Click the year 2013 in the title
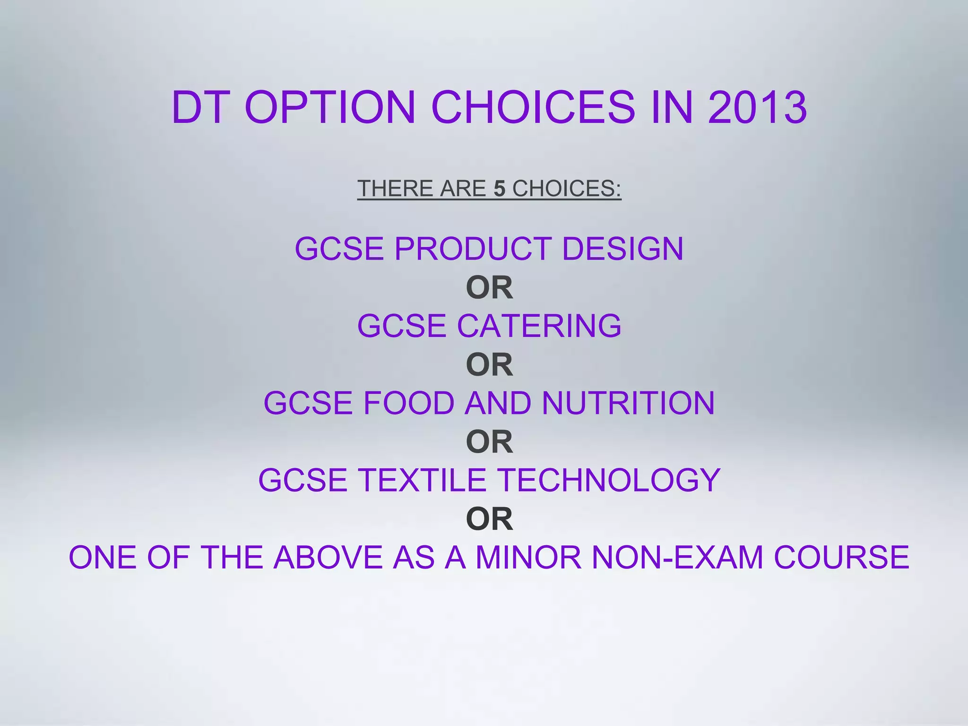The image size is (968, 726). click(x=757, y=108)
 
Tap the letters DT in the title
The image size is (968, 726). click(x=198, y=108)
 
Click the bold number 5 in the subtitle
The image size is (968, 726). click(x=500, y=189)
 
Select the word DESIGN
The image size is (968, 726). click(x=622, y=249)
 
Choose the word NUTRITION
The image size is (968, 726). click(x=628, y=403)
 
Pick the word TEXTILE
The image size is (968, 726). click(x=423, y=480)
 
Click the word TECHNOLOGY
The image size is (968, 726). click(x=609, y=480)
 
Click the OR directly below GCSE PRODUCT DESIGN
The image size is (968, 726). click(x=489, y=287)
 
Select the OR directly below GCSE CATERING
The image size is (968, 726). click(x=489, y=364)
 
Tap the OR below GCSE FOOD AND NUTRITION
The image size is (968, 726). click(x=489, y=441)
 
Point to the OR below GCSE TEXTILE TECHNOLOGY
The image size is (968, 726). click(x=489, y=519)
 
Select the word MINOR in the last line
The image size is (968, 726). click(x=528, y=557)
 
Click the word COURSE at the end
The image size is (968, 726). click(x=841, y=557)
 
